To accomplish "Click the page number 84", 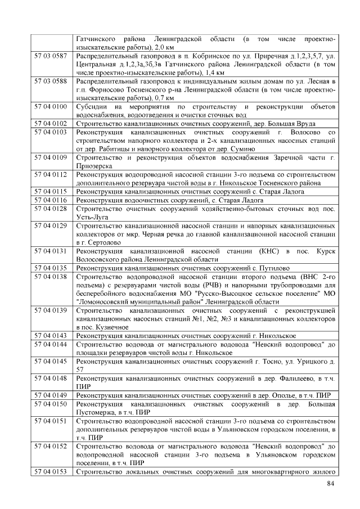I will tap(330, 485).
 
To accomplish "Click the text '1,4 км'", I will tap(215, 73).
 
